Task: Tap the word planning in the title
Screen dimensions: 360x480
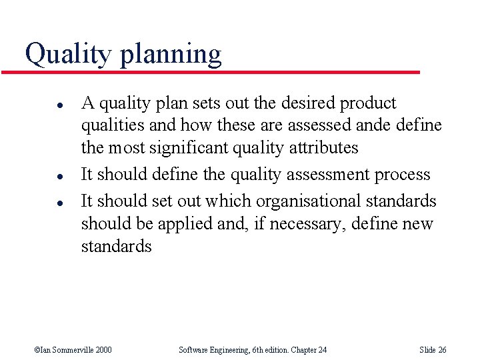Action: [171, 55]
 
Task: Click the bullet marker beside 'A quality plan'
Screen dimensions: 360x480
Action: [41, 105]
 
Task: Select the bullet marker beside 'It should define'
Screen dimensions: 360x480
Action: [41, 176]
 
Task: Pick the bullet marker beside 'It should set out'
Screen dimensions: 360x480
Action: [41, 202]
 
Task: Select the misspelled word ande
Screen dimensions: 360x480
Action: [373, 125]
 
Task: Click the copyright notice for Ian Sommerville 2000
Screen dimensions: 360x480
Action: [73, 350]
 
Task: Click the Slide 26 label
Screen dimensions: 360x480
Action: [433, 350]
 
